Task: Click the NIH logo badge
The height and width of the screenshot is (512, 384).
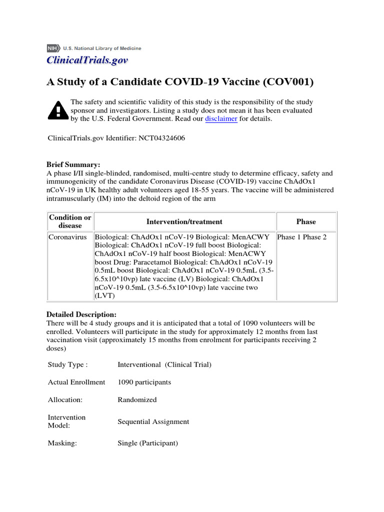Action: tap(53, 48)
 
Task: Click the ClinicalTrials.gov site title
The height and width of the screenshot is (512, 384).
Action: tap(87, 60)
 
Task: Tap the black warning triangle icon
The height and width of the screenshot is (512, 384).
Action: tap(58, 109)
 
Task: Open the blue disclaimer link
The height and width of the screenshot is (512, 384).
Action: tap(221, 119)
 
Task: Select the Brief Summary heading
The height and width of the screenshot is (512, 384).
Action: tap(73, 164)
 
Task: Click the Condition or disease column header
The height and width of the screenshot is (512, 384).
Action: tap(70, 221)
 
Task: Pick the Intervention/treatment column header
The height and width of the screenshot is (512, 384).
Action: tap(184, 221)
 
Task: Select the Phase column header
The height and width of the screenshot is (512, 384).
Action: tap(305, 221)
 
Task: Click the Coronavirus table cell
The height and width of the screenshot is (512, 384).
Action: tap(67, 237)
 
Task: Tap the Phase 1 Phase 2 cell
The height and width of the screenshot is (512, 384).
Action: tap(301, 237)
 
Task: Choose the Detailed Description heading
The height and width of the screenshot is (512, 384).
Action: tap(81, 314)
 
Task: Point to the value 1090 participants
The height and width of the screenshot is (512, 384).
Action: tap(144, 382)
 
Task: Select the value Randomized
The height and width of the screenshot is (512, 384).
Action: tap(137, 399)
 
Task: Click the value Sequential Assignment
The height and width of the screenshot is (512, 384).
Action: tap(153, 421)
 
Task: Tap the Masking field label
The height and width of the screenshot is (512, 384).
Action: tap(62, 443)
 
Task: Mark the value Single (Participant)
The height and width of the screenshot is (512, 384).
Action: tap(147, 443)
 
